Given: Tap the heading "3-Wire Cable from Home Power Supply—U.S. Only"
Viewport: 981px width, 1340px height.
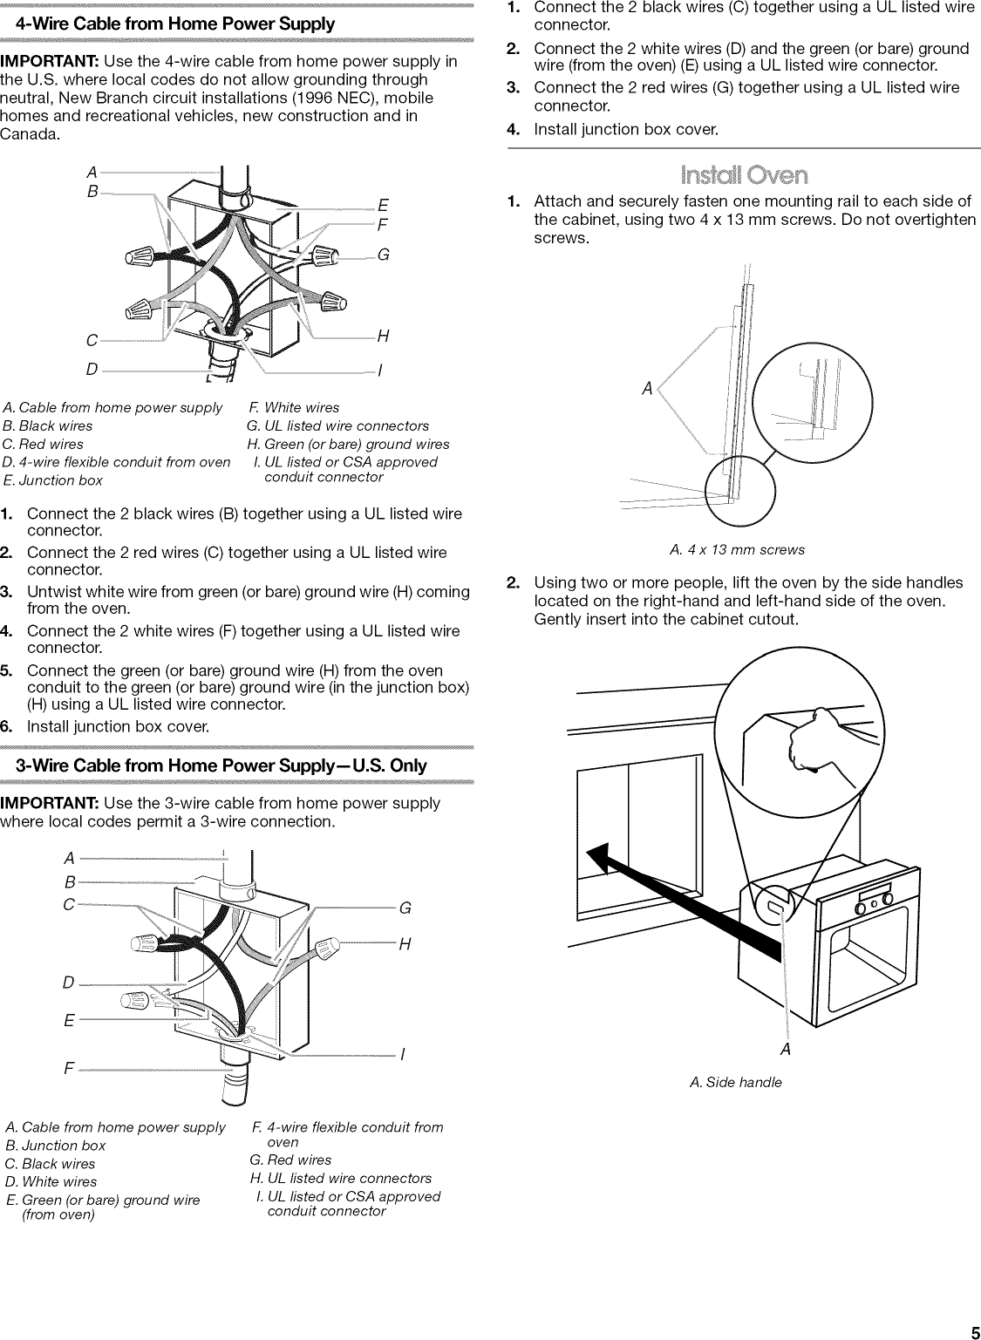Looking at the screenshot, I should tap(221, 765).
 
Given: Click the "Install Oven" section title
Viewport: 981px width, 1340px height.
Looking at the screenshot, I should tap(744, 175).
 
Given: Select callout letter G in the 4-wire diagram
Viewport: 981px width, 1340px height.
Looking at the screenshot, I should tap(383, 254).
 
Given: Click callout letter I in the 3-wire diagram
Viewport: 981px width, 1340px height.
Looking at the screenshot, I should tap(402, 1055).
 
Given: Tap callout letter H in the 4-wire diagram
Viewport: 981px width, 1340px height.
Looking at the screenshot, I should tap(383, 337).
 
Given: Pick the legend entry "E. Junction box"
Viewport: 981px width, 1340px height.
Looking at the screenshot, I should tap(52, 480).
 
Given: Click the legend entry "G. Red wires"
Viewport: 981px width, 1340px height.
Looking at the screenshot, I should tap(290, 1160).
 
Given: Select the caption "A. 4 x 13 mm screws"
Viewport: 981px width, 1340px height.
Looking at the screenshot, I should tap(737, 550).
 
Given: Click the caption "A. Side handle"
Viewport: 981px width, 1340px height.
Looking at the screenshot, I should tap(736, 1082).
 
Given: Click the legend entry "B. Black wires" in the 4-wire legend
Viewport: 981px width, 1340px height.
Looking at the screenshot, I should tap(47, 425).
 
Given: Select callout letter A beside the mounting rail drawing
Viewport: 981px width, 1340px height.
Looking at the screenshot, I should tap(647, 389).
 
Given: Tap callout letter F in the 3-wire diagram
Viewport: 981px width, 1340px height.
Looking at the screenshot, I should tap(69, 1068).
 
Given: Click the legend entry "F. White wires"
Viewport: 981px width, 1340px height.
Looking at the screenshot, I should tap(294, 407).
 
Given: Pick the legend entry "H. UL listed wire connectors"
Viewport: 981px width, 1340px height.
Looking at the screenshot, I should tap(341, 1178).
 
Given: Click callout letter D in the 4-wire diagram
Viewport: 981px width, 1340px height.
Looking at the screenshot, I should tap(92, 370).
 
